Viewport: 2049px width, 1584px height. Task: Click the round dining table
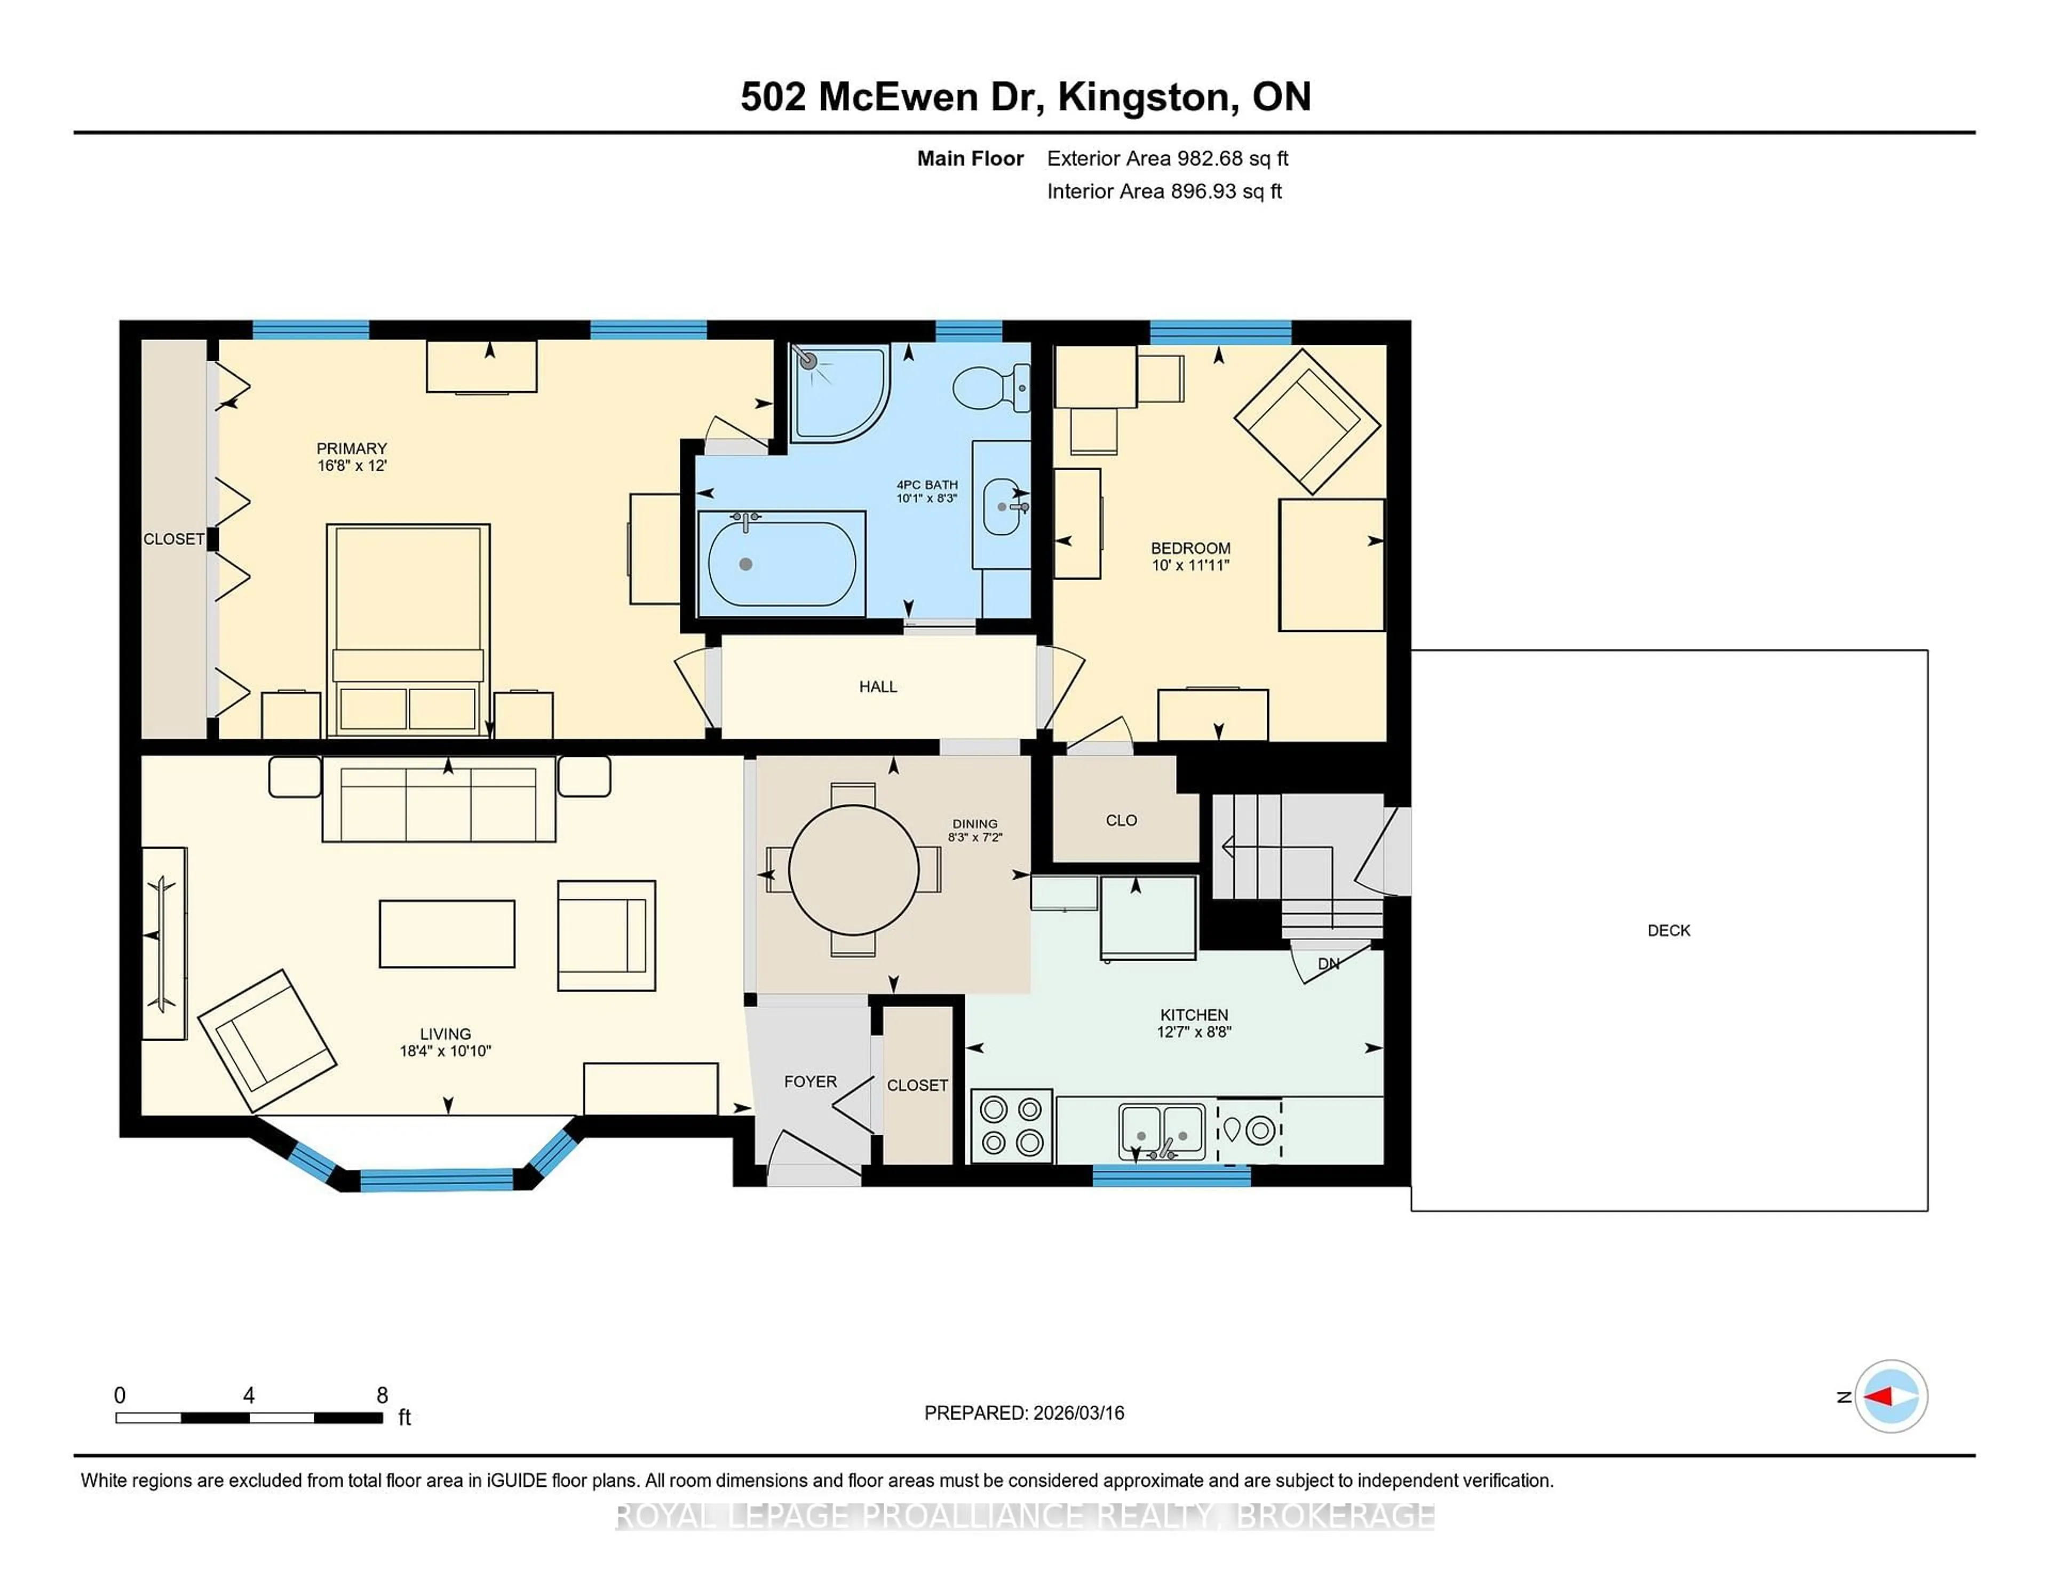coord(854,870)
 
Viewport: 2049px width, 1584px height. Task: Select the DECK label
coord(1668,930)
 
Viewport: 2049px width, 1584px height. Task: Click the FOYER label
coord(809,1082)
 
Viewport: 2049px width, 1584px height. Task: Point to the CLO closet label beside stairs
coord(1121,820)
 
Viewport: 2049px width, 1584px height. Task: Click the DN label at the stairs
coord(1329,964)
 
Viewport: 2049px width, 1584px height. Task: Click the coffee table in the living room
coord(447,934)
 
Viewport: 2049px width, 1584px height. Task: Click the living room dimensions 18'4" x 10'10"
coord(446,1051)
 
